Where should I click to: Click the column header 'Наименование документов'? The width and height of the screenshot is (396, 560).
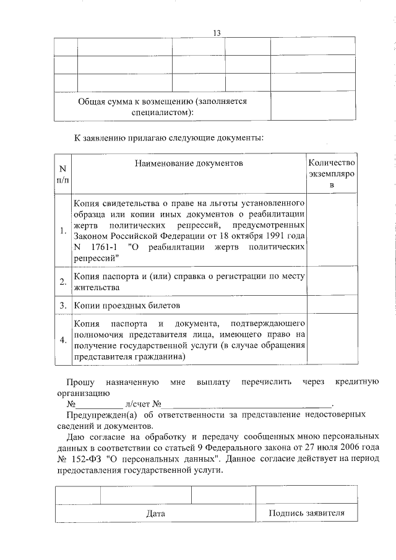(x=188, y=163)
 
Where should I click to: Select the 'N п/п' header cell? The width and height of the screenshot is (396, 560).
(x=62, y=174)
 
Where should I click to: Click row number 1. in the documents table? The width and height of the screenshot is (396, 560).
(x=62, y=231)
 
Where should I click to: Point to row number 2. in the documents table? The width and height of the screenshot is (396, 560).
(x=62, y=282)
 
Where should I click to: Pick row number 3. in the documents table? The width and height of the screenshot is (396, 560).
(x=62, y=306)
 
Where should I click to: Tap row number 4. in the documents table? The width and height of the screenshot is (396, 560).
(x=62, y=340)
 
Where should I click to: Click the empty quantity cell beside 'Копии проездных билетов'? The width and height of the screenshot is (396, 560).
(x=332, y=306)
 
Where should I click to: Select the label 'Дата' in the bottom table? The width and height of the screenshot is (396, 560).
(x=155, y=514)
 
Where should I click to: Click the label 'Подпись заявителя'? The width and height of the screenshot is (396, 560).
(x=306, y=513)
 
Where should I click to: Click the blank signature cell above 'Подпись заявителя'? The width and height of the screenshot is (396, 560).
(x=306, y=494)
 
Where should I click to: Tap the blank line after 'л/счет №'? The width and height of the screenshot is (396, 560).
(x=247, y=403)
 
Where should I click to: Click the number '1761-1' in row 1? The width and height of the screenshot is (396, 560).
(x=102, y=247)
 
